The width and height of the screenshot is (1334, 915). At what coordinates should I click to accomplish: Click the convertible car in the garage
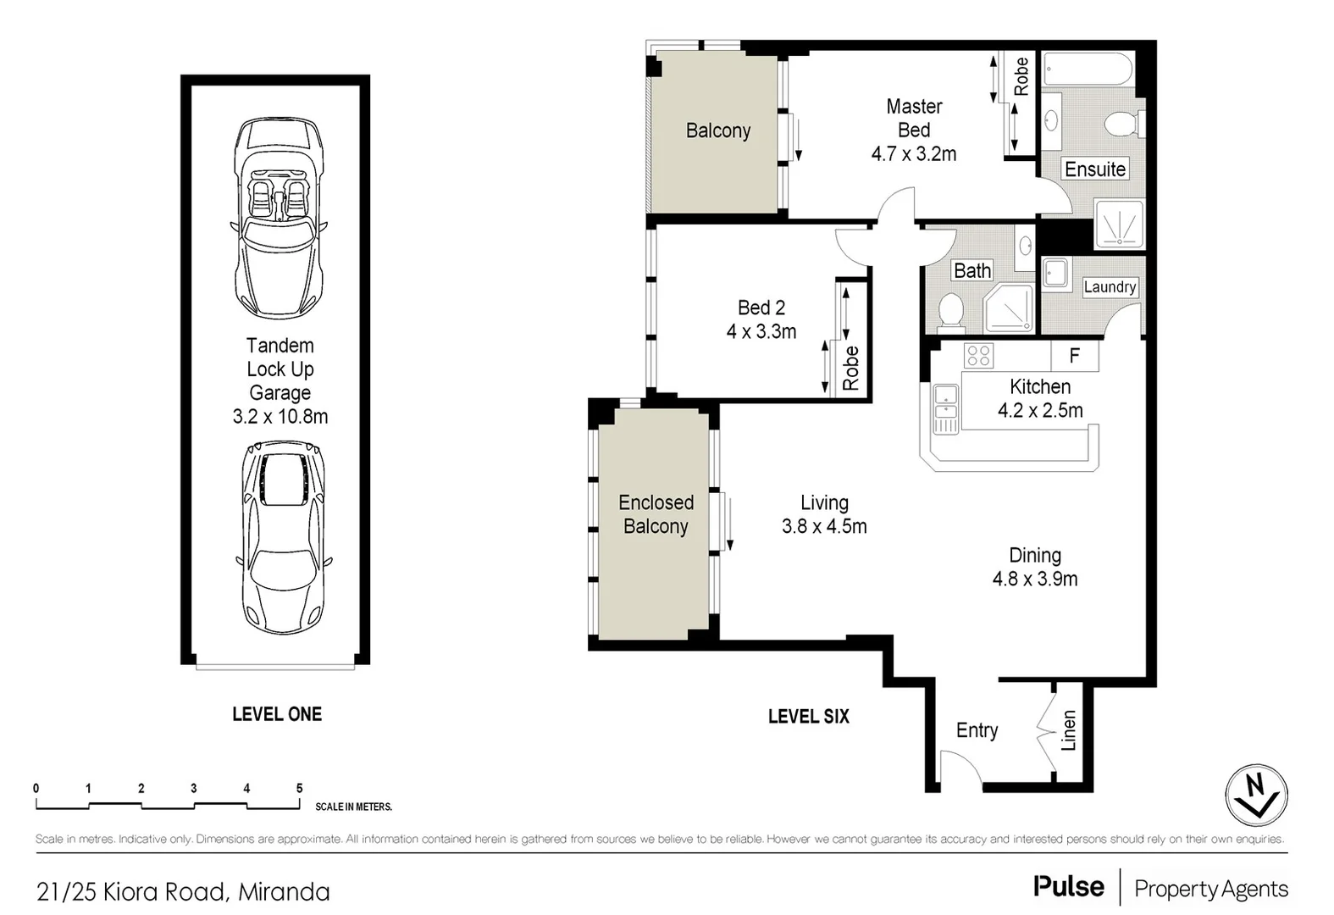click(279, 218)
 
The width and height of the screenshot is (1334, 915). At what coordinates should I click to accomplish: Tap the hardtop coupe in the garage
click(283, 536)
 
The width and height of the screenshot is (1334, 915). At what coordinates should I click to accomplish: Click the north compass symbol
click(1256, 795)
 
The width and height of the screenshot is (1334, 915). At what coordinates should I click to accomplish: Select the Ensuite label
click(1094, 169)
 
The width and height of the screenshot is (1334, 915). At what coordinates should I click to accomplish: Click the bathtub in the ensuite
click(1088, 69)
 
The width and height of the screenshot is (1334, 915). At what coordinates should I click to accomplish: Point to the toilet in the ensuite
click(1124, 125)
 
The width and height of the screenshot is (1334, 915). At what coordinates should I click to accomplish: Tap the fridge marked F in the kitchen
click(1074, 356)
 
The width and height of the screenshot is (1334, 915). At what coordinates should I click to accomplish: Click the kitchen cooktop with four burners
click(978, 356)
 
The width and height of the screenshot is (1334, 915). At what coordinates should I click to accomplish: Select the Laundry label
click(1110, 287)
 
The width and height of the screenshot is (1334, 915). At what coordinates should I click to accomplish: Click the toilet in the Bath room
click(950, 313)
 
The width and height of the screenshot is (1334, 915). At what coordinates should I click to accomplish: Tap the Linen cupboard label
click(1069, 730)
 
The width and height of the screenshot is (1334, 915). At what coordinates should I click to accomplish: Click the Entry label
click(977, 730)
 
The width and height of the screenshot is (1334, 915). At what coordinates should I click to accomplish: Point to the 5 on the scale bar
click(299, 789)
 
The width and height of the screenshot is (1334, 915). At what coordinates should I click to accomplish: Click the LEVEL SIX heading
click(808, 717)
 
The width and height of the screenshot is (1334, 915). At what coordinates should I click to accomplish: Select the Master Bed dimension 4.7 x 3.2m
click(913, 154)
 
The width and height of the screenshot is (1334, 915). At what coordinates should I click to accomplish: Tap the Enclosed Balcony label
click(656, 514)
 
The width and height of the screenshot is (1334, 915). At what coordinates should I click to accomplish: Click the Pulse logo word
click(1069, 887)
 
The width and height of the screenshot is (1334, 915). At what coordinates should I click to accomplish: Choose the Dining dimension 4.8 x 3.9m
click(1034, 579)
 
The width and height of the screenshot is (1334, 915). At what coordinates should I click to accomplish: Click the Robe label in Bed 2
click(851, 368)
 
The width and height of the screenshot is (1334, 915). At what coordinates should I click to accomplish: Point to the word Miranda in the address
click(284, 892)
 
